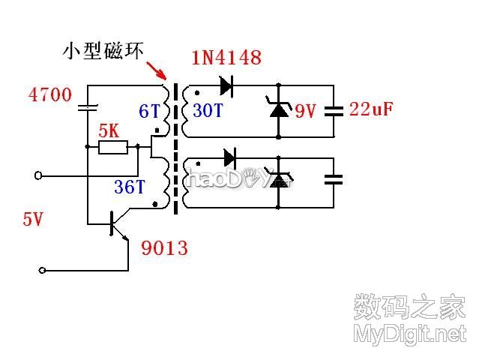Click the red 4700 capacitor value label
pos(49,95)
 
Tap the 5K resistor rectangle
pos(112,147)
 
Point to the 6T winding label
pos(149,112)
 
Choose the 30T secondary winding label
pos(207,111)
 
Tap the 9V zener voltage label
pos(305,112)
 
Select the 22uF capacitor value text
pos(372,109)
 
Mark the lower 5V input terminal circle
pos(43,270)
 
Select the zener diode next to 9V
pos(279,109)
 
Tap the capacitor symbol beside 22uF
pos(334,110)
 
